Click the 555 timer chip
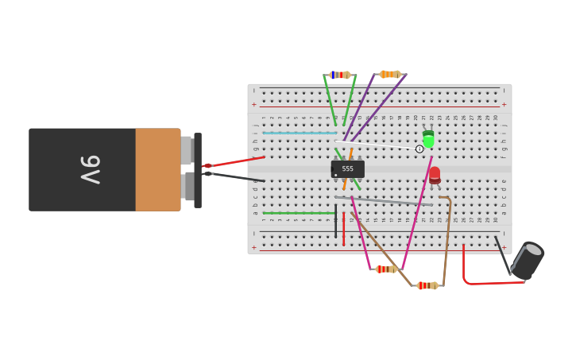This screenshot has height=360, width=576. point(347,169)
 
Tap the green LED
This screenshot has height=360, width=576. point(428,140)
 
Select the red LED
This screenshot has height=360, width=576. point(435,174)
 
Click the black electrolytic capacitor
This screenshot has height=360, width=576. point(527,261)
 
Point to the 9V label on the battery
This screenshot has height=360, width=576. point(90,169)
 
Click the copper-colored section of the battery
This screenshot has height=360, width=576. point(157,169)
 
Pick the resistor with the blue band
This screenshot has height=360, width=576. point(340,75)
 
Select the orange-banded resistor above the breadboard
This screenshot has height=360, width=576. point(389,74)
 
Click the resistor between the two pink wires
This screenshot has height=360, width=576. point(386,269)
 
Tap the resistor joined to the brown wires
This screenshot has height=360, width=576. point(427,285)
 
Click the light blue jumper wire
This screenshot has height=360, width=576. point(299,133)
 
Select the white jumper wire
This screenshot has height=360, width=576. point(377,145)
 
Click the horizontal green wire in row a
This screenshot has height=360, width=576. point(298,213)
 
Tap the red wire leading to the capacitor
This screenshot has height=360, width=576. point(477,281)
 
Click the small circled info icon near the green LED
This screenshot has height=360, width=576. point(419,149)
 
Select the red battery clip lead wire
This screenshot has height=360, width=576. point(238,161)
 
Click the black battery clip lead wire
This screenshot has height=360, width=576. point(238,177)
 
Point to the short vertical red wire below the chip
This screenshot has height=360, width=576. point(343,228)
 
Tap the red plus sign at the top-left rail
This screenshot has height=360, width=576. point(254,104)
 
